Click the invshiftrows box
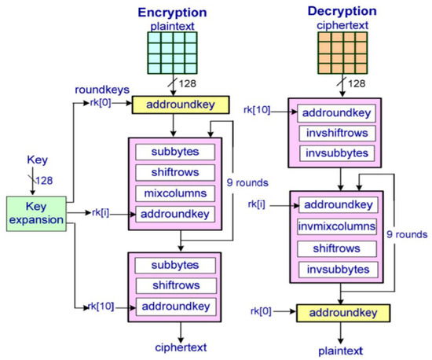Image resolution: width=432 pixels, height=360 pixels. [335, 134]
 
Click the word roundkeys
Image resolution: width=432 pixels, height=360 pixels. [104, 89]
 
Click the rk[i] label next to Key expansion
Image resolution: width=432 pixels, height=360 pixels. [101, 212]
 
